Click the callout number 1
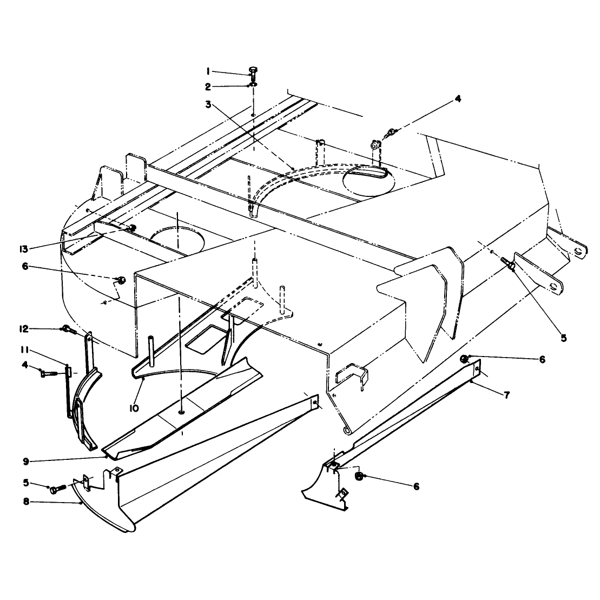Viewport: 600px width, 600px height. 208,71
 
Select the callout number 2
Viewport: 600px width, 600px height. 208,87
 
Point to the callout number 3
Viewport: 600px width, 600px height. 208,104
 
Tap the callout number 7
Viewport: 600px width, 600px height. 507,395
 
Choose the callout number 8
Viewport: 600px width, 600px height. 26,502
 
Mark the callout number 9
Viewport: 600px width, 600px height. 26,461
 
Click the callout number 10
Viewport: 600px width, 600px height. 134,408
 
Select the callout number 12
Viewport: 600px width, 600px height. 24,329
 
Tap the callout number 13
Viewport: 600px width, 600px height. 24,249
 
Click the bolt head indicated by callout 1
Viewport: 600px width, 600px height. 253,70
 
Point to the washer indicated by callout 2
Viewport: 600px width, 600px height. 254,84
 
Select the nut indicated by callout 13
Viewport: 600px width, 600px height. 133,228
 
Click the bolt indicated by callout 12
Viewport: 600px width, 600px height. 69,329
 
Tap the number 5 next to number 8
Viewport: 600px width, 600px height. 26,483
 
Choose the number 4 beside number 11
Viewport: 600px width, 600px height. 25,365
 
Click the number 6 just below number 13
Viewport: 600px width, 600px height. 25,266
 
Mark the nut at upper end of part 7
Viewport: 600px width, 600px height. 464,359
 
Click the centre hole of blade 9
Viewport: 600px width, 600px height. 181,412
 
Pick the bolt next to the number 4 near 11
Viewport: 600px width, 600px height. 48,373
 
